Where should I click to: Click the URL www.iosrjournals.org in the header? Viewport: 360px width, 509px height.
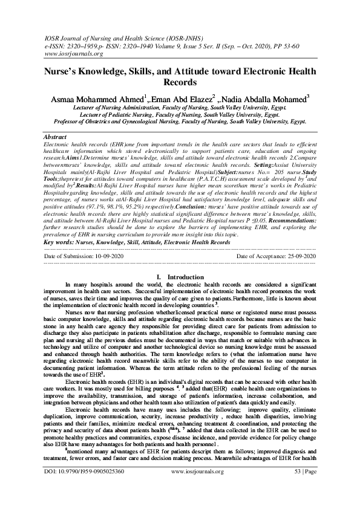71,53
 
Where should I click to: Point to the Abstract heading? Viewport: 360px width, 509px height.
56,138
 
